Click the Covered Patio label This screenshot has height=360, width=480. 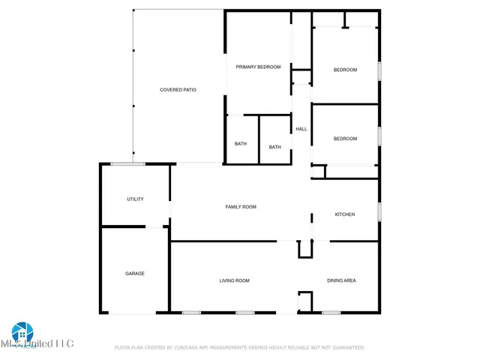(178, 90)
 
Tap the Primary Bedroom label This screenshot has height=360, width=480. (258, 67)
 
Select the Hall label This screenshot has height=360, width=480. (301, 129)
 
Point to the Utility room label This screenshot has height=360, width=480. (135, 199)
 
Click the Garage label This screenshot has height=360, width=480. (135, 274)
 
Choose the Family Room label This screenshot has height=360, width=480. (241, 206)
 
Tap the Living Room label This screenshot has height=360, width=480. (234, 280)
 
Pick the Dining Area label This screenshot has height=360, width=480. (341, 280)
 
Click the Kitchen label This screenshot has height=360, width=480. (344, 214)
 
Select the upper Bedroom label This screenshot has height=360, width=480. (345, 70)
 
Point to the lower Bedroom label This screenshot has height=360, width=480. (345, 139)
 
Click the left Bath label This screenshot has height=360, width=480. (241, 144)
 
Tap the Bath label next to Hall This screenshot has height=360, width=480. (275, 147)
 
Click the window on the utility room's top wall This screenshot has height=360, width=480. (127, 163)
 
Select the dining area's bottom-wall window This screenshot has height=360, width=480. (331, 312)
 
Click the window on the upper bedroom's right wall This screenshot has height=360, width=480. (379, 70)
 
